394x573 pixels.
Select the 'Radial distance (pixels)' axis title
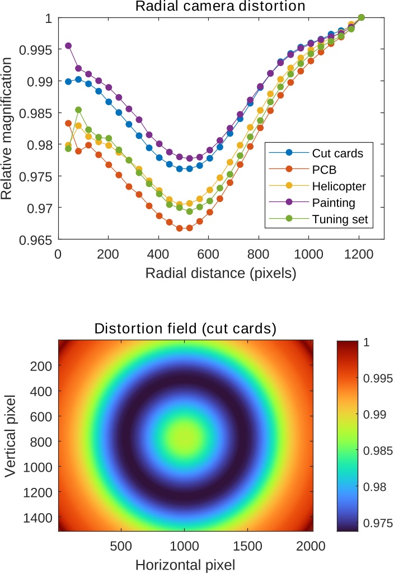click(221, 274)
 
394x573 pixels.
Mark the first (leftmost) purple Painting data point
click(68, 45)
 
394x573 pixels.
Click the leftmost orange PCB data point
click(68, 123)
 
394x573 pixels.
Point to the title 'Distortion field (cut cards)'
click(185, 328)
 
